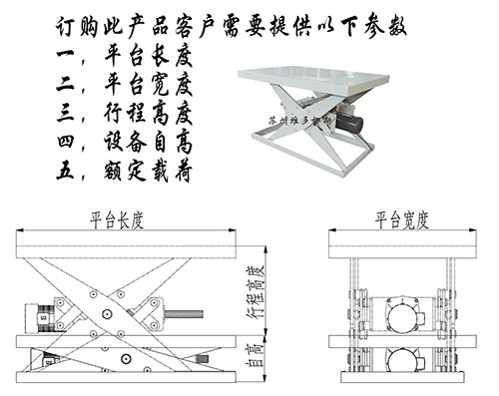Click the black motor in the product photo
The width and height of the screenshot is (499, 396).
pos(350,121)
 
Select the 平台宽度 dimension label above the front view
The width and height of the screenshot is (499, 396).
pos(402,218)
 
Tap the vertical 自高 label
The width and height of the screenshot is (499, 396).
pos(253,354)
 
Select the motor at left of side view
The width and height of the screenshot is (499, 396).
pos(42,316)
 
